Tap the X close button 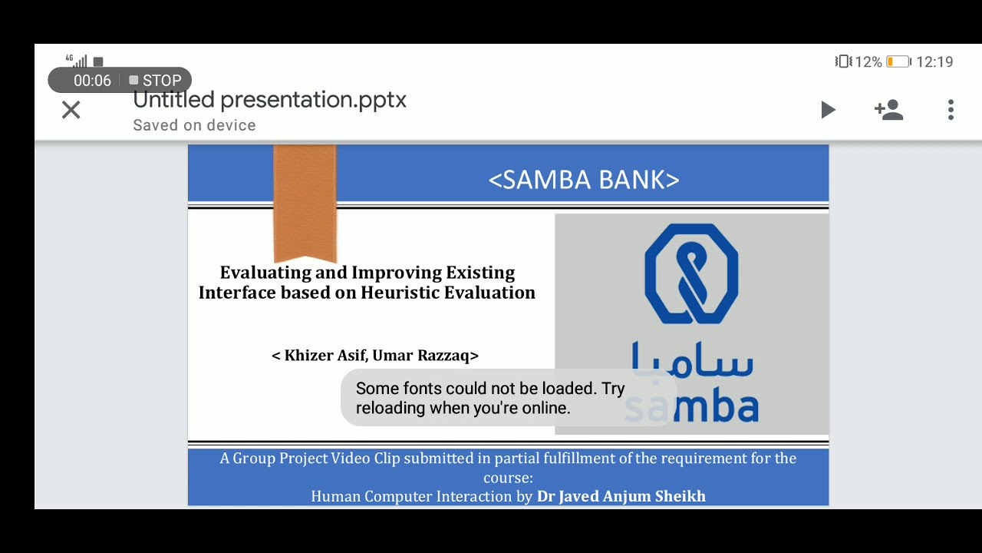(x=71, y=110)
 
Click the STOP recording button (x=156, y=81)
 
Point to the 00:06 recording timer (x=92, y=81)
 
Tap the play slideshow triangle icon (x=828, y=110)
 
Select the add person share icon (x=888, y=110)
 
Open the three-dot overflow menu (x=951, y=110)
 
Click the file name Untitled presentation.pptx (x=269, y=100)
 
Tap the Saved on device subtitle (x=194, y=125)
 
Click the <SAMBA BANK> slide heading (x=584, y=180)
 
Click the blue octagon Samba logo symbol (x=691, y=273)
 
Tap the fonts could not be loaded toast (x=489, y=398)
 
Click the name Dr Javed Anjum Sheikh (x=621, y=496)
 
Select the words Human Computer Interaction (x=411, y=496)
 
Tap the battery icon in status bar (x=898, y=62)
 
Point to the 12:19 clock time (x=934, y=62)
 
